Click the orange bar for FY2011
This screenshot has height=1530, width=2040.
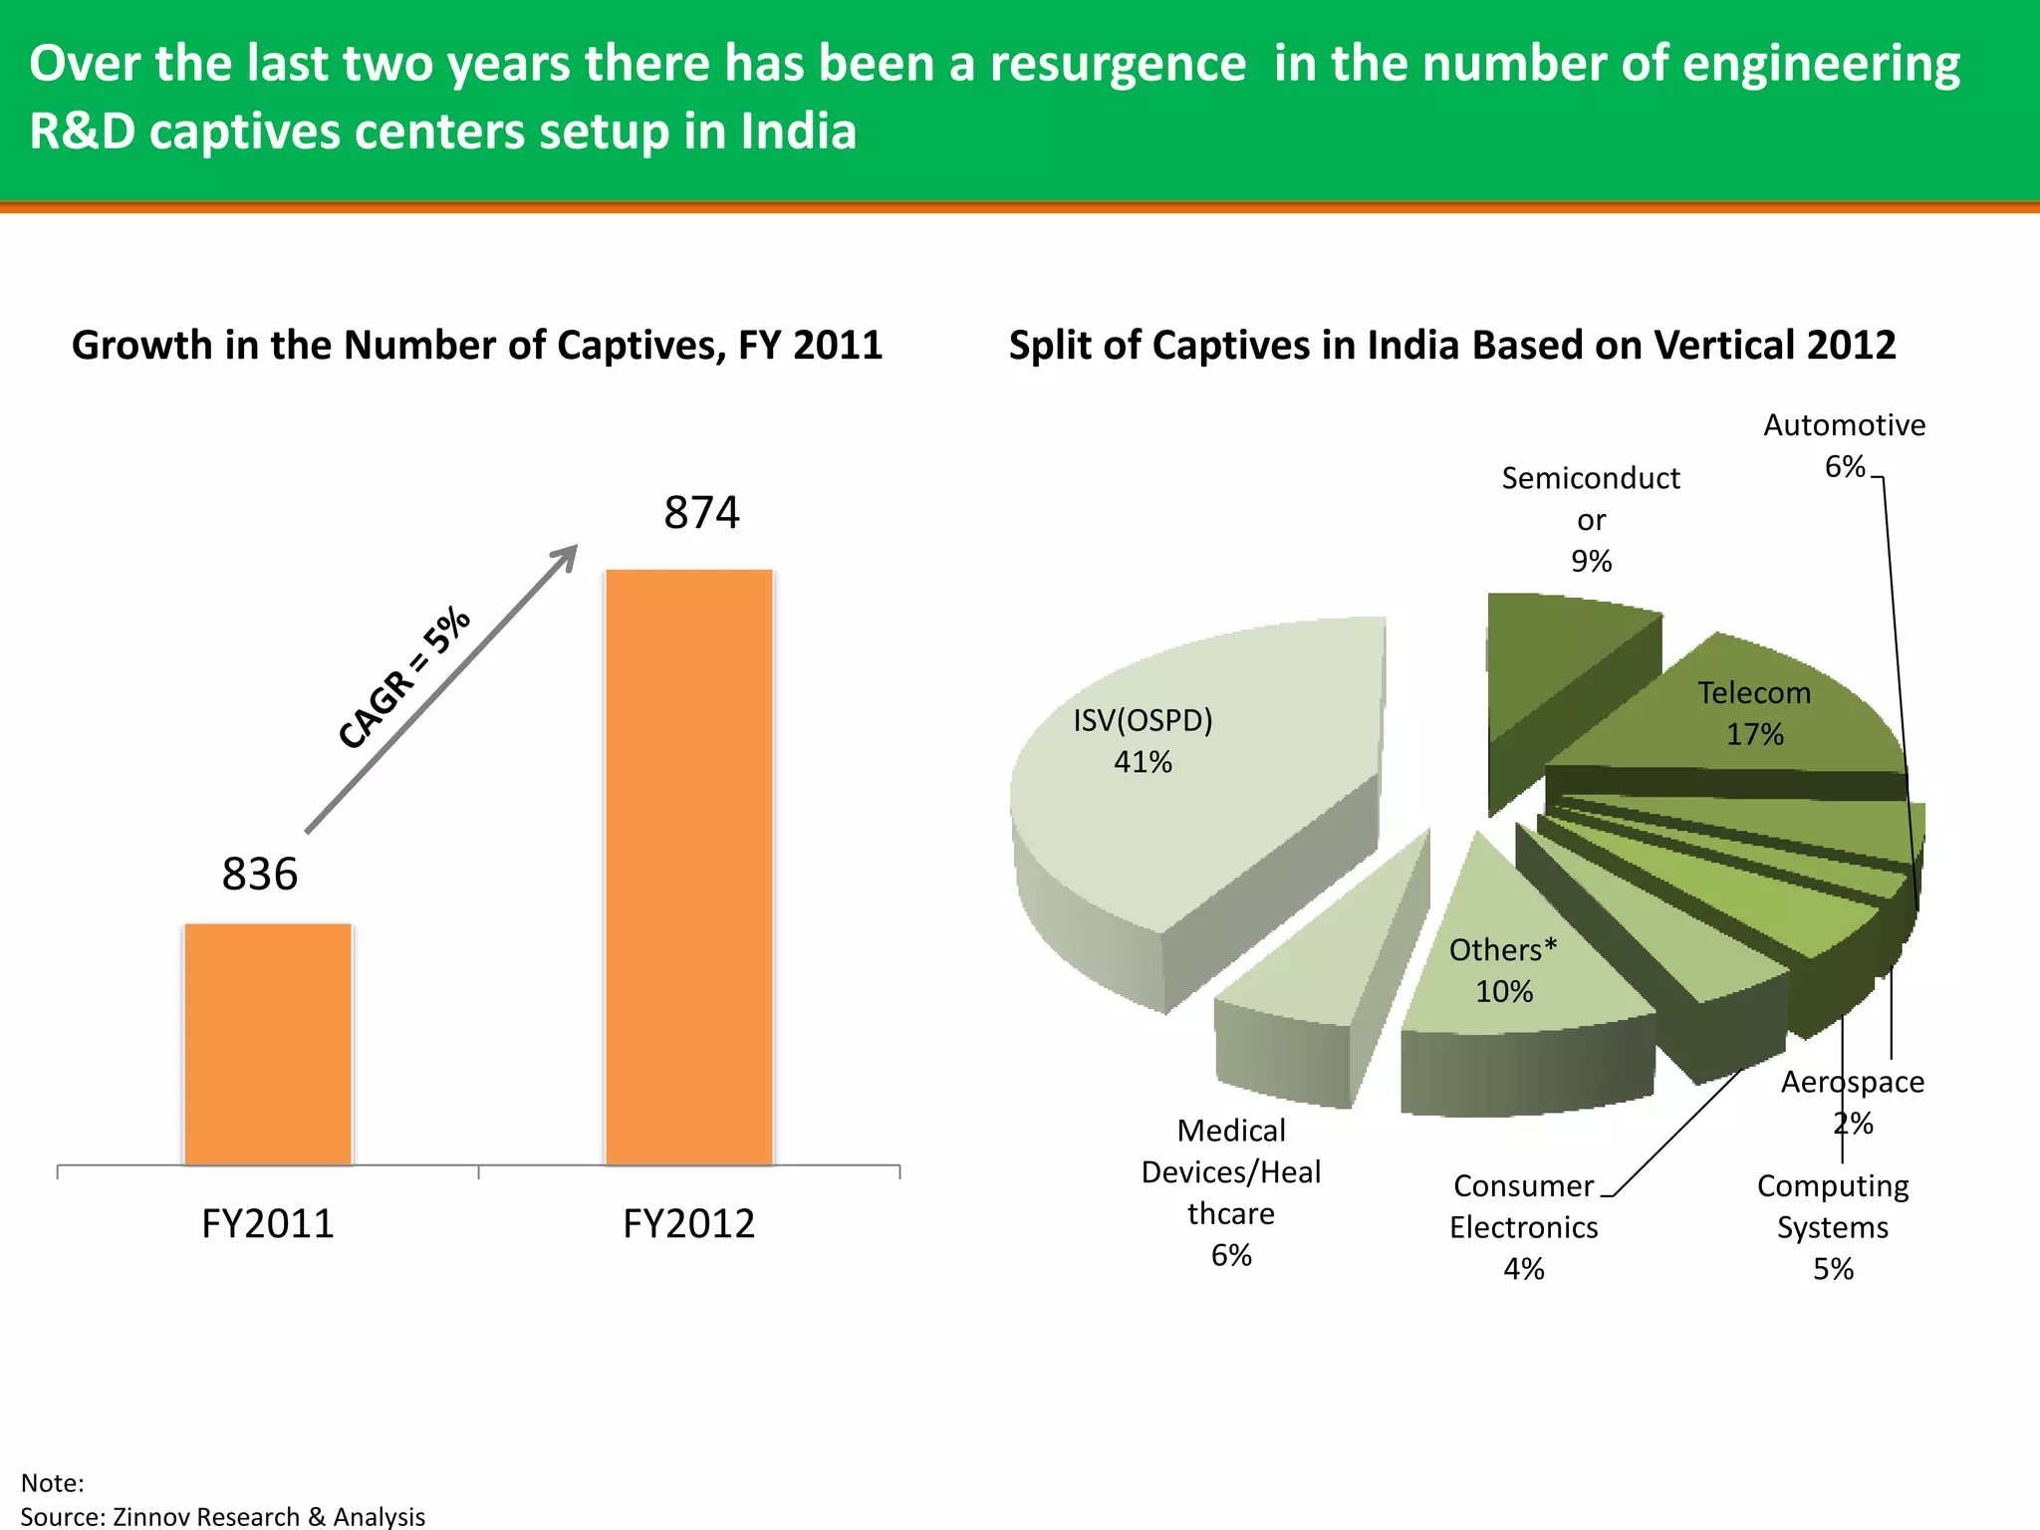click(268, 1044)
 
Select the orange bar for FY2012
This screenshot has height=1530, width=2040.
click(689, 867)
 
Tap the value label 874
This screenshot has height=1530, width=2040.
click(701, 513)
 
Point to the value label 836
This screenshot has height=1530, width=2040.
click(259, 875)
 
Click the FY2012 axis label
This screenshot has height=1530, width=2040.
click(688, 1223)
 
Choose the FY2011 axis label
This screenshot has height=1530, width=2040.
click(267, 1223)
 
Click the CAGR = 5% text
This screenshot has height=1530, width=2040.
click(404, 677)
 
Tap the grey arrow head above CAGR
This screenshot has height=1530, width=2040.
click(567, 556)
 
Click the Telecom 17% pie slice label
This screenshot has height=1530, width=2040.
click(1754, 713)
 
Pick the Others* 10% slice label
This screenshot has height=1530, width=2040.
click(1503, 970)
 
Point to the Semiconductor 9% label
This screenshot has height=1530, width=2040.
click(1591, 519)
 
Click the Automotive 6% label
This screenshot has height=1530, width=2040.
click(1844, 444)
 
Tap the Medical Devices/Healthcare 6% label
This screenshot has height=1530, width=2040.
click(1231, 1192)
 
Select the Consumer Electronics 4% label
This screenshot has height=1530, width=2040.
click(1523, 1227)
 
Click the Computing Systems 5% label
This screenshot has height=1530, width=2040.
click(1833, 1227)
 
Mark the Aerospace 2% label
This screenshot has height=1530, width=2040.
click(1853, 1102)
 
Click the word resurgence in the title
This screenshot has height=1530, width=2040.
click(1117, 64)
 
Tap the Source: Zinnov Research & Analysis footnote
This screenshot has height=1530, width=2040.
click(223, 1516)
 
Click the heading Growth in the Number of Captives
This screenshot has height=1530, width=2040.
click(476, 346)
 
